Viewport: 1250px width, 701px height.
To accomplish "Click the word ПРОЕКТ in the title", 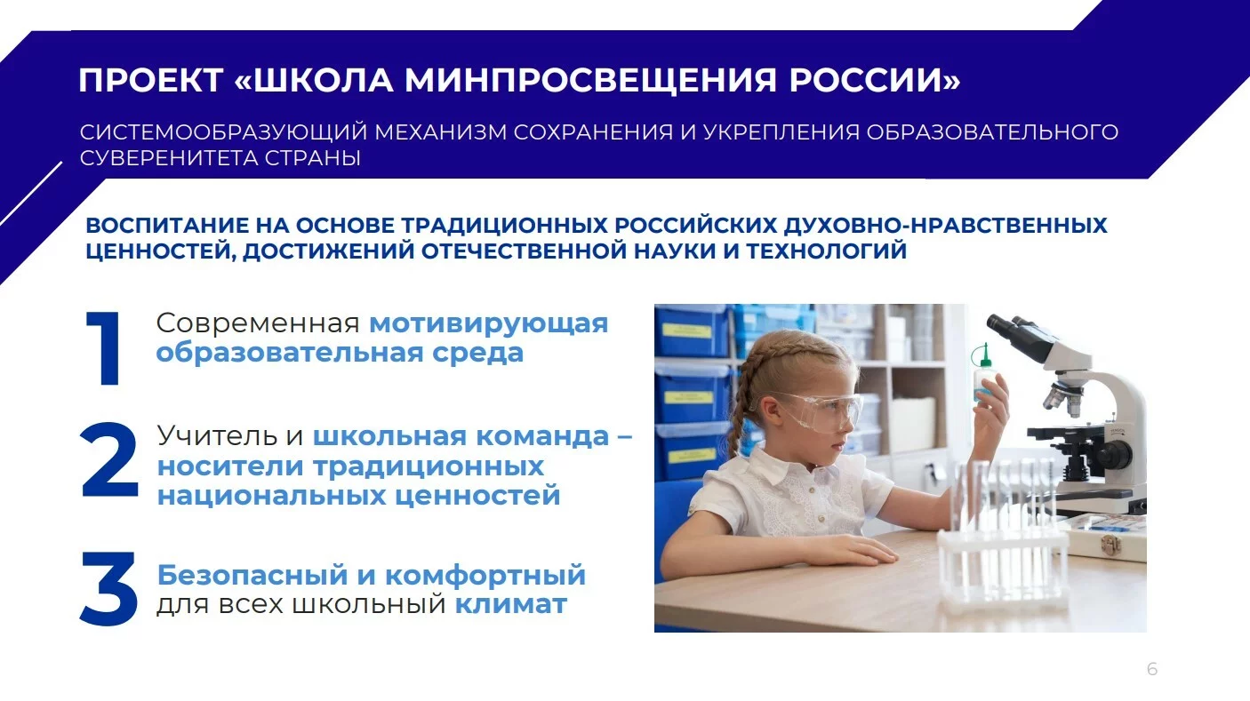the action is coord(151,80).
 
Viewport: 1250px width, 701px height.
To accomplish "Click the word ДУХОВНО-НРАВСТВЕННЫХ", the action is coord(945,226).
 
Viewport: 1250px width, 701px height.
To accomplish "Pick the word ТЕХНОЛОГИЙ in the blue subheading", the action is coord(827,251).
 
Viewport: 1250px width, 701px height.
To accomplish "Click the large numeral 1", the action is coord(104,348).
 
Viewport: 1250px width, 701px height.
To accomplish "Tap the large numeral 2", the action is coord(109,459).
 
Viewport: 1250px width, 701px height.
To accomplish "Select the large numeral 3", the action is coord(108,588).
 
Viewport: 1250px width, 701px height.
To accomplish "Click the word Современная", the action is coord(258,323).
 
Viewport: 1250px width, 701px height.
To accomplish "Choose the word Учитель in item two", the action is coord(217,435).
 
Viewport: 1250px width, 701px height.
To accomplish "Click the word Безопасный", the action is coord(252,575).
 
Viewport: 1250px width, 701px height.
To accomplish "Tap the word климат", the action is coord(511,604).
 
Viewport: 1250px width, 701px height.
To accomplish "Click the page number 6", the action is coord(1152,669).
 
